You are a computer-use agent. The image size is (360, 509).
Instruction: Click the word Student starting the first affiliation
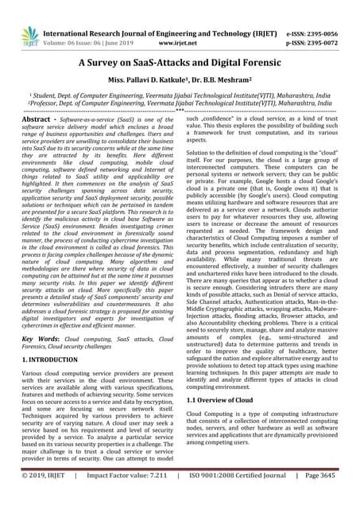(x=37, y=92)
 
